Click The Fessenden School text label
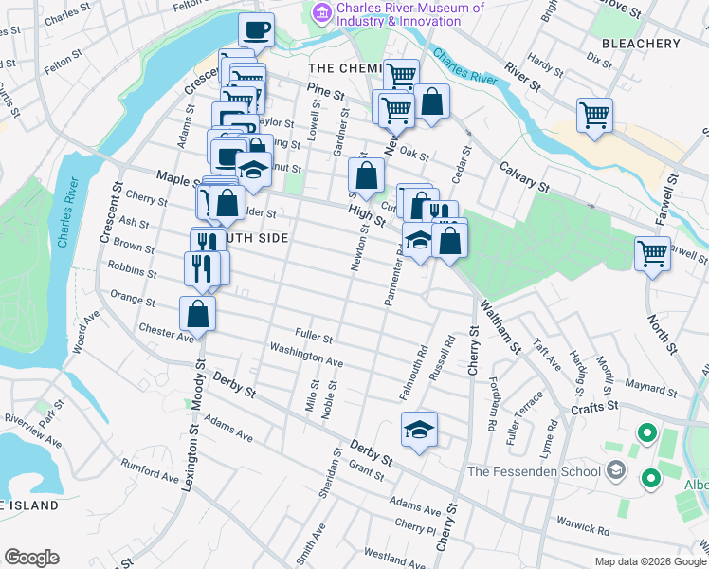(535, 471)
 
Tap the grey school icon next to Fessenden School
(617, 470)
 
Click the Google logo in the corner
(31, 558)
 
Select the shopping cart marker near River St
(594, 115)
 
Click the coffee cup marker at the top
(256, 30)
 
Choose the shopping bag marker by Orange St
(197, 312)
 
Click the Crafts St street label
(594, 405)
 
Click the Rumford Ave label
(150, 470)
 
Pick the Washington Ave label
(306, 356)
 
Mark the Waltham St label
(500, 327)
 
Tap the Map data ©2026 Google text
(649, 561)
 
